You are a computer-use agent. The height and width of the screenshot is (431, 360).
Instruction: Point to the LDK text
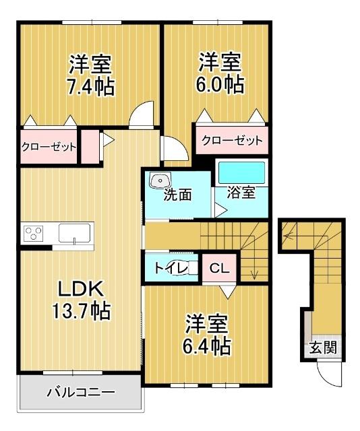(79, 290)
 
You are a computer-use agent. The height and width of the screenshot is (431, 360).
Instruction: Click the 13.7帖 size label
(79, 310)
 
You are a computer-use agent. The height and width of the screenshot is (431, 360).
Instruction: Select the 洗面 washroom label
(178, 195)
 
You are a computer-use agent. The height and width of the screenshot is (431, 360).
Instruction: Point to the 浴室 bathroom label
(241, 192)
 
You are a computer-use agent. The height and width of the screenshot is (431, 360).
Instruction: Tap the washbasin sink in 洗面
(160, 180)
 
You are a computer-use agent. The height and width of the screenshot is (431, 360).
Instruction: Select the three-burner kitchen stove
(34, 234)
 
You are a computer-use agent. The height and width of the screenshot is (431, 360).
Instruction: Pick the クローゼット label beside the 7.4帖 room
(48, 147)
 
